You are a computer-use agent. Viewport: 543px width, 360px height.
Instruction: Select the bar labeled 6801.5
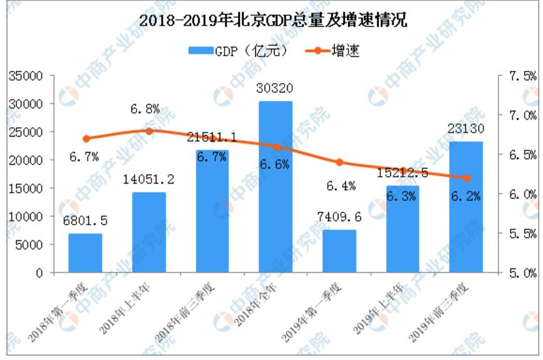click(x=85, y=253)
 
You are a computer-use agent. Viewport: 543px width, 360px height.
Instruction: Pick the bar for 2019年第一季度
click(x=340, y=251)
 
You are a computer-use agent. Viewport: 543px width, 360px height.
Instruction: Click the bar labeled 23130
click(x=466, y=207)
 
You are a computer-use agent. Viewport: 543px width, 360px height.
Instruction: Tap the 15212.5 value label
click(x=402, y=172)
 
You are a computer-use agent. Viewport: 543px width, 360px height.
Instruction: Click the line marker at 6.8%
click(x=149, y=131)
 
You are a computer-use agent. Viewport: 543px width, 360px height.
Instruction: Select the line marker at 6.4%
click(x=340, y=162)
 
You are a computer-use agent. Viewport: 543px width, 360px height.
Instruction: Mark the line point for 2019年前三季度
click(x=466, y=178)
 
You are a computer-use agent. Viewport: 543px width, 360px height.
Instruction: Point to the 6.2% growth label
click(x=466, y=197)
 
